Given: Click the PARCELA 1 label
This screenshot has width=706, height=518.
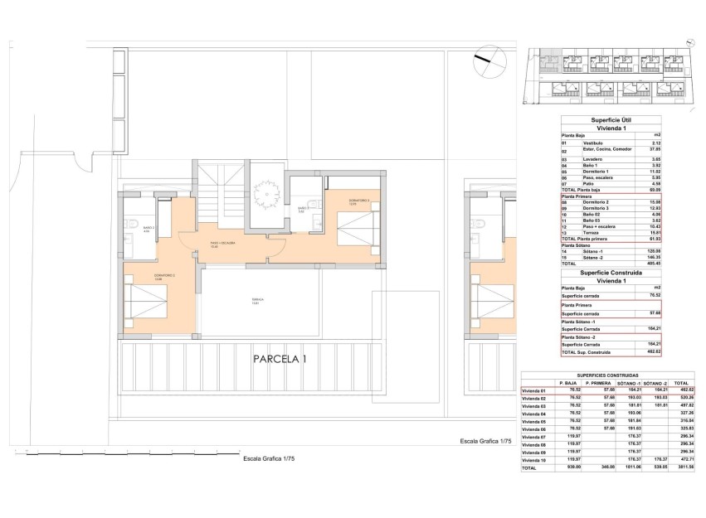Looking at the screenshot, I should [x=280, y=360].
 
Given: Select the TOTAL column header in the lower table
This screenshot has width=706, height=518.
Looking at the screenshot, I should [x=681, y=382].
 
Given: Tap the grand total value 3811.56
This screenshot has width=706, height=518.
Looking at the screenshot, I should [x=681, y=468].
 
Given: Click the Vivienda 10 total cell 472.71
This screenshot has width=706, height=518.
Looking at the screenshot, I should [x=681, y=460].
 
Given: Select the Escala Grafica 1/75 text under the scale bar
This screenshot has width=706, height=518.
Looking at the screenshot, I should [x=268, y=457].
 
